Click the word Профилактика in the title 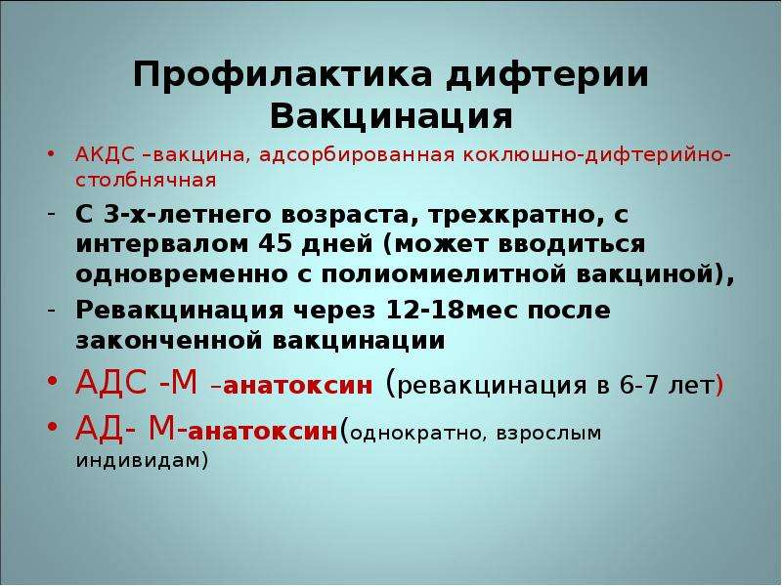point(282,75)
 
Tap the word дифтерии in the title point(547,75)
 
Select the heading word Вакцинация point(392,117)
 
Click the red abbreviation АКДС point(105,155)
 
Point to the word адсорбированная point(357,155)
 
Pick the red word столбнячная point(146,180)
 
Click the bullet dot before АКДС point(51,155)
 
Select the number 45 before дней point(276,244)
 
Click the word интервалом point(162,245)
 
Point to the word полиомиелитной point(445,275)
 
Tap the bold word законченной point(169,341)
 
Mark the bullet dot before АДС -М point(53,382)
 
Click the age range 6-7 point(639,385)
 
